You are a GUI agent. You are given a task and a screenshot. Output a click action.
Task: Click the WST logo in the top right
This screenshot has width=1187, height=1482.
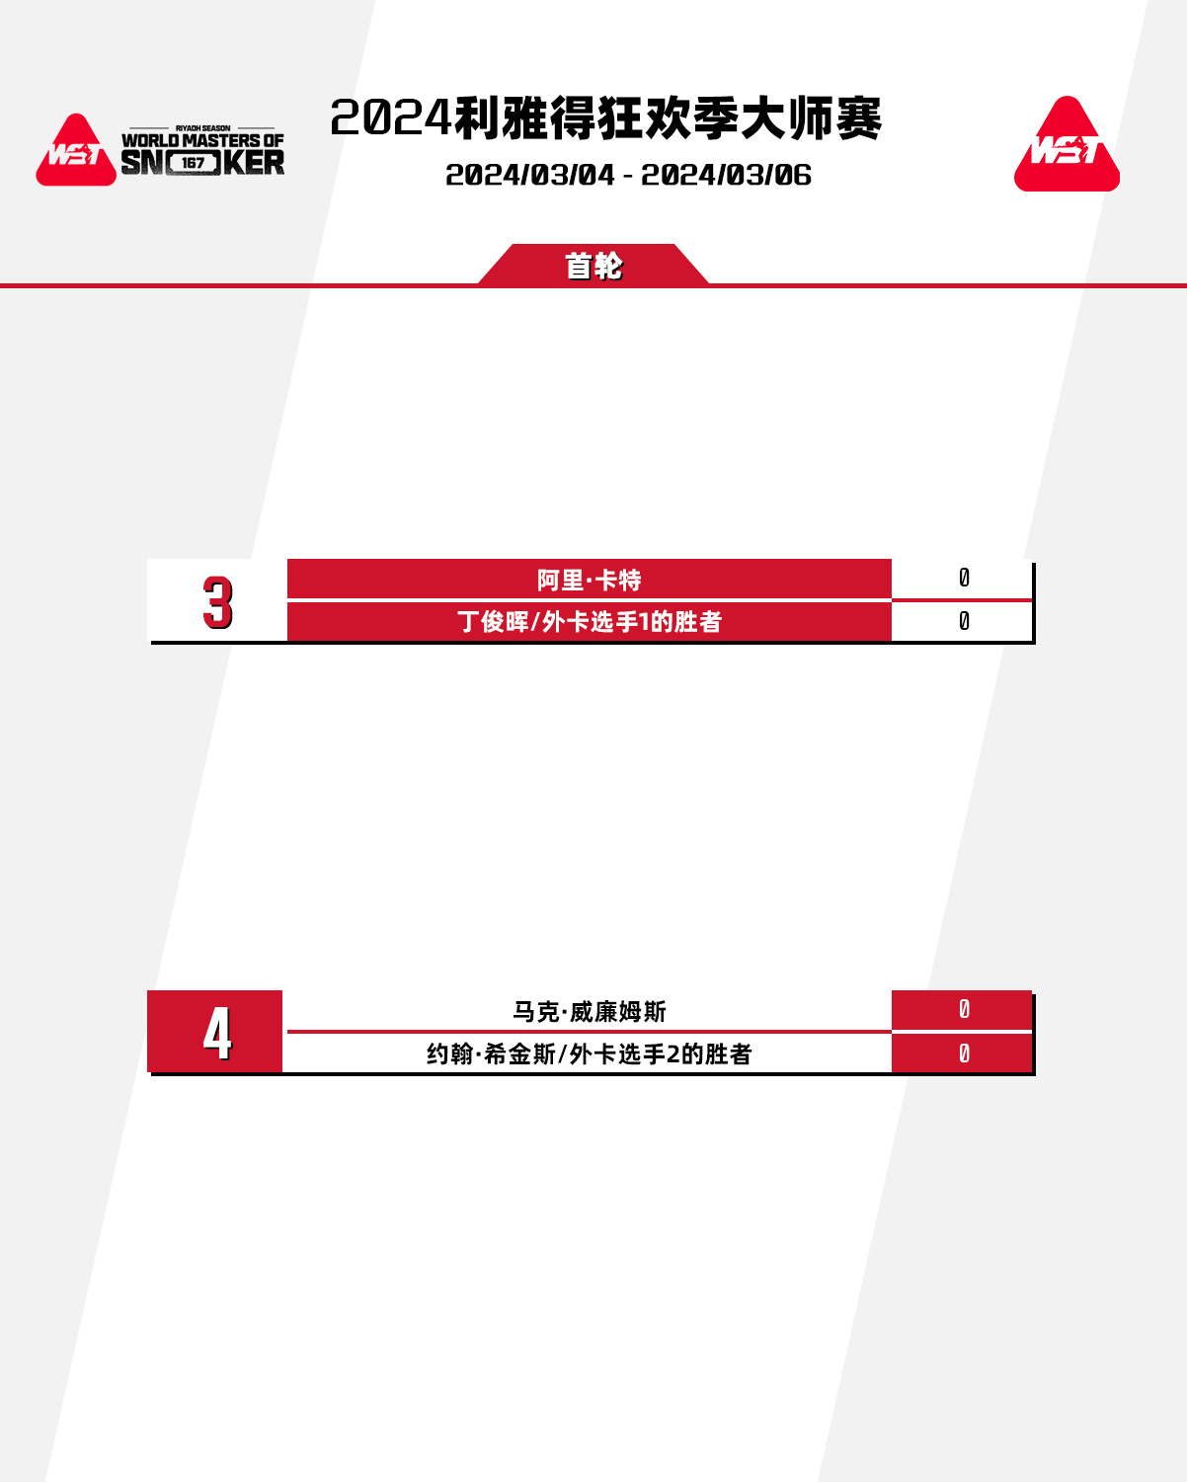tap(1067, 144)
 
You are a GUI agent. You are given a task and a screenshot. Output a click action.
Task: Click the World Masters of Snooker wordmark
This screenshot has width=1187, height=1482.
tap(202, 151)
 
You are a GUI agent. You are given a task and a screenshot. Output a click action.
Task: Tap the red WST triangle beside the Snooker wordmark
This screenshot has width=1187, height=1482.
tap(76, 150)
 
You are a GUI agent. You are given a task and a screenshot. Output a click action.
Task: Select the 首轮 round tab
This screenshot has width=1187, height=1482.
tap(593, 266)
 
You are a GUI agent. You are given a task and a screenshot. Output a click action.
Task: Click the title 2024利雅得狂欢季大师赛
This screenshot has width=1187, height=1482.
tap(606, 118)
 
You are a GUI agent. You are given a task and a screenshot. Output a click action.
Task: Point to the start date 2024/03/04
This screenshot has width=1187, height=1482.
tap(529, 175)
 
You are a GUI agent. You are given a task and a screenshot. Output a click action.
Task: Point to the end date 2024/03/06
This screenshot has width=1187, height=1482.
tap(726, 175)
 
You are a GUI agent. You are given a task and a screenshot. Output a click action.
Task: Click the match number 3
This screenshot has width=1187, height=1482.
tap(217, 602)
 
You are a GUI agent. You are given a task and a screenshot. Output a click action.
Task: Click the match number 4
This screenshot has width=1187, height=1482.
tap(217, 1033)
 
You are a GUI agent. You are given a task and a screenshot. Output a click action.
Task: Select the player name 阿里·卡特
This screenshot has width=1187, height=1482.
tap(590, 580)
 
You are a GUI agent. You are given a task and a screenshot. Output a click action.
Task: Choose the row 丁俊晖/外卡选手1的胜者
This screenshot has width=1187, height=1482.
tap(590, 622)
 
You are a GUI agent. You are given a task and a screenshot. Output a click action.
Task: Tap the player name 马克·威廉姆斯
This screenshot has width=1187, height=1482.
tap(590, 1012)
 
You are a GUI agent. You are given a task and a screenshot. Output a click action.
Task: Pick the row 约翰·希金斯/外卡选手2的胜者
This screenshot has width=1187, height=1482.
tap(590, 1053)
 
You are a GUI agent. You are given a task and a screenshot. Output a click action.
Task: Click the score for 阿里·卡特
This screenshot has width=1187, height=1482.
tap(964, 578)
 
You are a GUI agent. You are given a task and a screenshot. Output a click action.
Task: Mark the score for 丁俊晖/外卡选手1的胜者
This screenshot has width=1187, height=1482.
tap(964, 621)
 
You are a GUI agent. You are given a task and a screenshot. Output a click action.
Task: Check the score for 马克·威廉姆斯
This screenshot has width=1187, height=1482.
tap(964, 1010)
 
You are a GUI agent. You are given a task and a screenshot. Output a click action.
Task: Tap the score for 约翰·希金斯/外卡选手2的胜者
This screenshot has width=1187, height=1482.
tap(964, 1053)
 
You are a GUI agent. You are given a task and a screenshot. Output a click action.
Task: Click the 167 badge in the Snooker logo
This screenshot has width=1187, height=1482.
tap(193, 163)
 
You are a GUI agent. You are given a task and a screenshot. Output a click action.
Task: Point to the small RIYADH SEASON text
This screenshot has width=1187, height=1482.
tap(202, 128)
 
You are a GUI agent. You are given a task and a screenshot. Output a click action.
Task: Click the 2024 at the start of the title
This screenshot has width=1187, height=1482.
tap(391, 118)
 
